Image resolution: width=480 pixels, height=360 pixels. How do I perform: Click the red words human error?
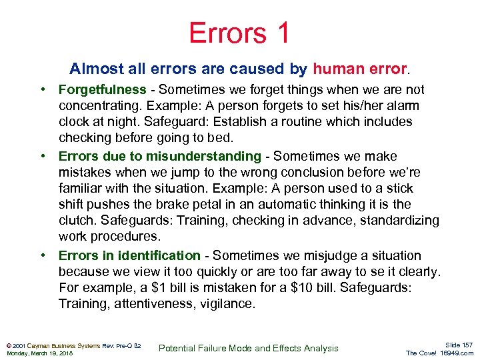pyautogui.click(x=359, y=69)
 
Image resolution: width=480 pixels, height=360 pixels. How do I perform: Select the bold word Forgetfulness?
pyautogui.click(x=102, y=89)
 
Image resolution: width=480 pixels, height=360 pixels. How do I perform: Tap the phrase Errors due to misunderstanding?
pyautogui.click(x=160, y=156)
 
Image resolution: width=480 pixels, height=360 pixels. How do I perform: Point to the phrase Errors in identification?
pyautogui.click(x=129, y=255)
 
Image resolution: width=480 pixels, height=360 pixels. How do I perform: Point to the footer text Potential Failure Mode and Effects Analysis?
pyautogui.click(x=249, y=348)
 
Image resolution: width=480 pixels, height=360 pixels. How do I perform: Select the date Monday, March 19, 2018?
pyautogui.click(x=39, y=353)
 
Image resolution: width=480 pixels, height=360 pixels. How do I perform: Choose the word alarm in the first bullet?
pyautogui.click(x=403, y=105)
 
